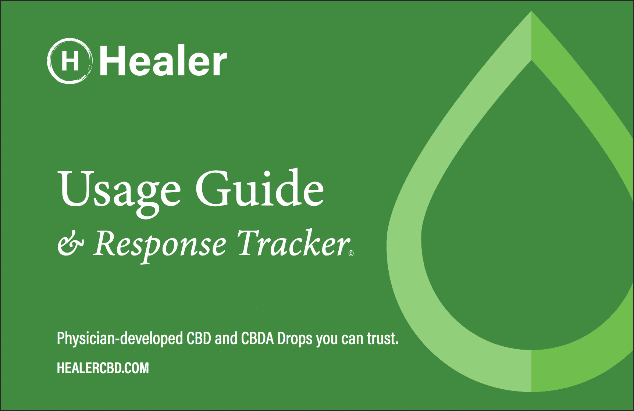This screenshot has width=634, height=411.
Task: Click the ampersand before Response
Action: (x=71, y=245)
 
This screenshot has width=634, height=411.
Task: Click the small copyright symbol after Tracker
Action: (x=351, y=253)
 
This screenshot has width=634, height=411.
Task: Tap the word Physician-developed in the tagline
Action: (x=120, y=339)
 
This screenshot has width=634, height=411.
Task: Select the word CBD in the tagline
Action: (x=199, y=338)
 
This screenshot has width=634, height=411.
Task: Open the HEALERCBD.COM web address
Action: (x=103, y=368)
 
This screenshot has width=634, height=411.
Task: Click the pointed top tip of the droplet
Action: (x=531, y=11)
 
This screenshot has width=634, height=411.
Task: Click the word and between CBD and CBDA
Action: (x=226, y=338)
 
